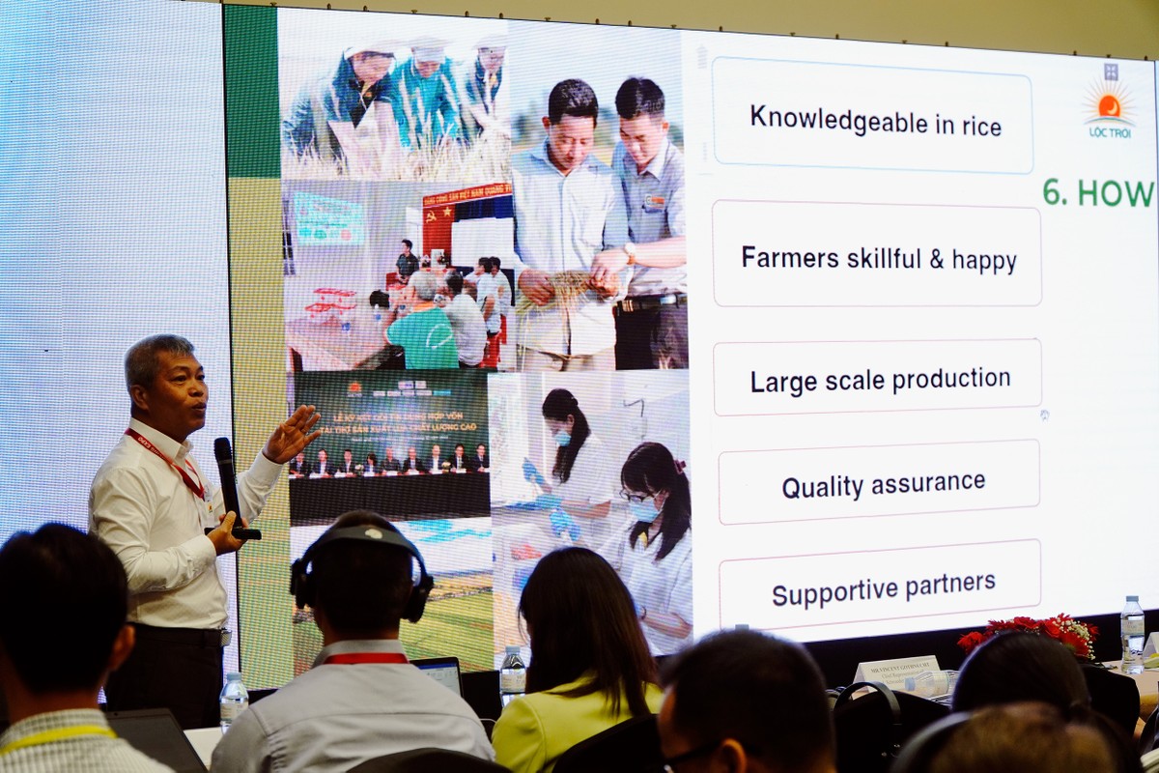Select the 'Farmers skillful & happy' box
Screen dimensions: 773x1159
pyautogui.click(x=877, y=257)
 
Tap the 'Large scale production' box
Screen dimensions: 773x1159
pyautogui.click(x=878, y=378)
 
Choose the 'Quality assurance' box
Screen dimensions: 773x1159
pyautogui.click(x=881, y=483)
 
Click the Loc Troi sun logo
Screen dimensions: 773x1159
pyautogui.click(x=1109, y=107)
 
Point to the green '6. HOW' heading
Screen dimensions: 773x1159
pyautogui.click(x=1098, y=193)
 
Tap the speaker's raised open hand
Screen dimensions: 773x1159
pyautogui.click(x=293, y=434)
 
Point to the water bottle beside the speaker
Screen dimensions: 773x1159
pyautogui.click(x=233, y=701)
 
